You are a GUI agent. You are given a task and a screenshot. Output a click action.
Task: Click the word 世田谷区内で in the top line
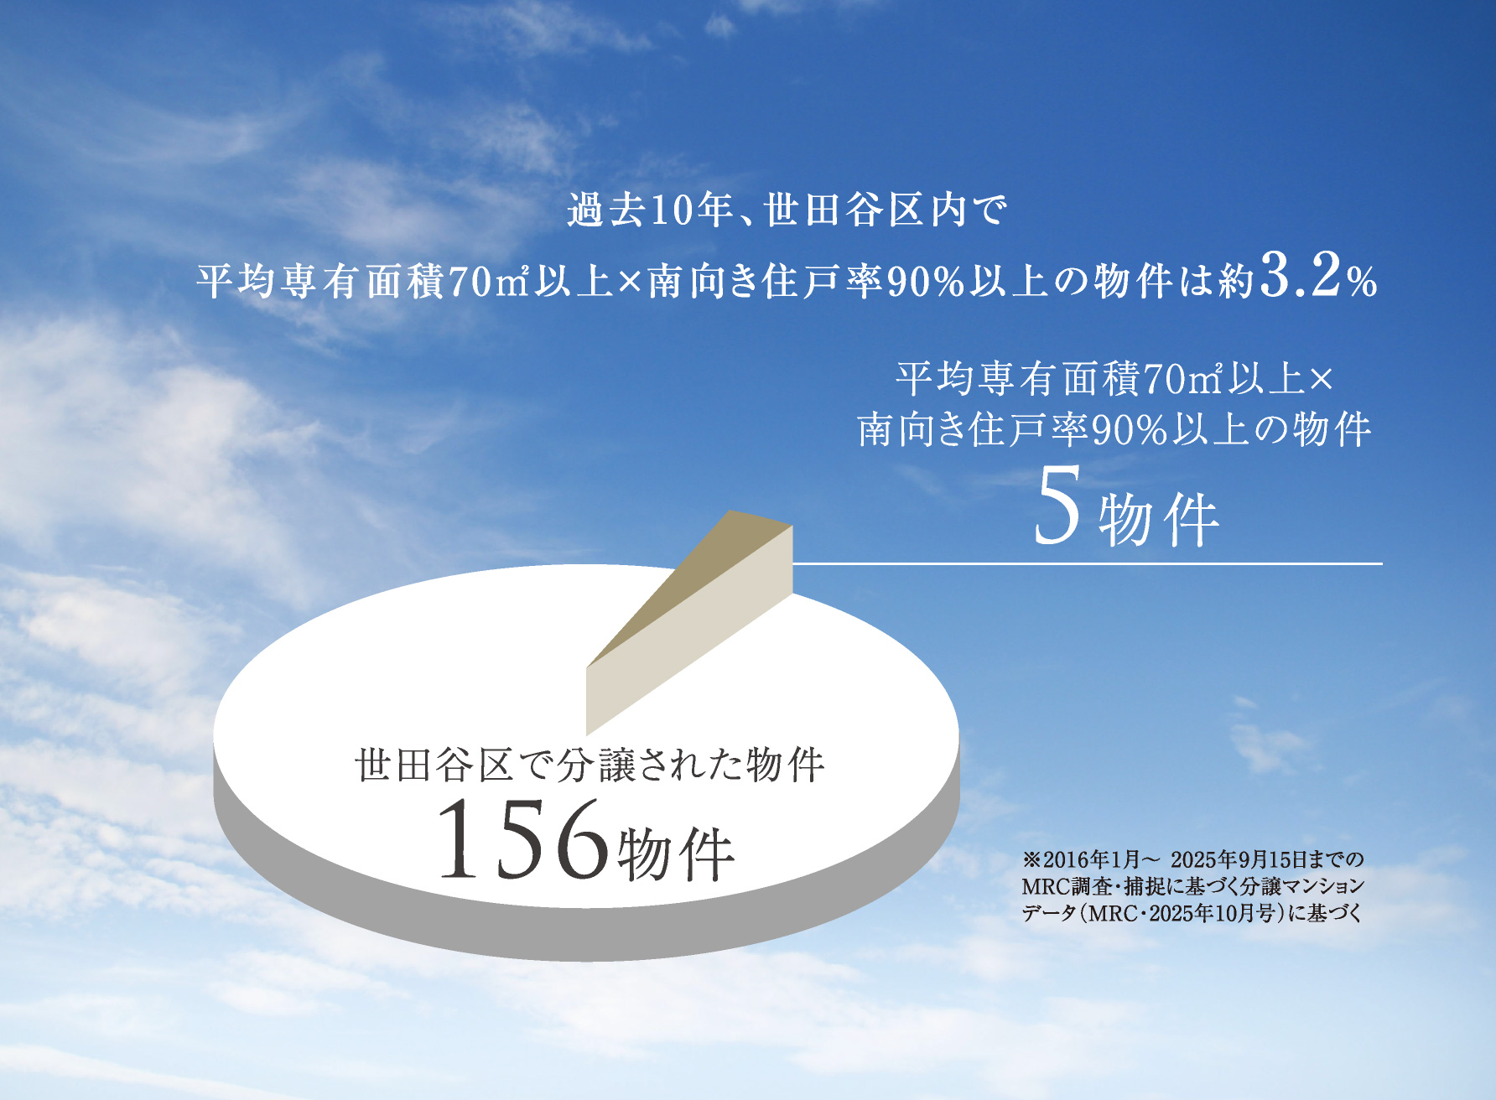886,210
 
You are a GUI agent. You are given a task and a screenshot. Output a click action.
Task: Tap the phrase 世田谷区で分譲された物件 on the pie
590,765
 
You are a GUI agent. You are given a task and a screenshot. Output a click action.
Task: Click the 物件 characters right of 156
676,854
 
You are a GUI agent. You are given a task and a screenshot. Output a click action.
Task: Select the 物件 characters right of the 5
1159,520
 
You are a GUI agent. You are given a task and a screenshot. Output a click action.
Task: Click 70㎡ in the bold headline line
490,282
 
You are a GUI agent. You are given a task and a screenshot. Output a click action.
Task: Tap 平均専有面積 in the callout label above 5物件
1017,379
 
